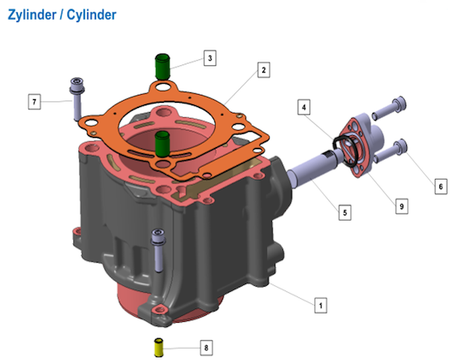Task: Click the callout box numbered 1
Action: [x=320, y=305]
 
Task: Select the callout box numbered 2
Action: [x=264, y=70]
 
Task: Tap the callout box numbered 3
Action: [x=210, y=58]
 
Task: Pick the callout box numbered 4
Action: [x=304, y=107]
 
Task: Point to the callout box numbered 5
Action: [x=345, y=213]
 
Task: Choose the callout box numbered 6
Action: [x=441, y=186]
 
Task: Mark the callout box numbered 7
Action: [x=34, y=102]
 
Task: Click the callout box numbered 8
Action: [x=206, y=347]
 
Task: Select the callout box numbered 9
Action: [x=402, y=206]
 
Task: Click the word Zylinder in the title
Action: [x=32, y=15]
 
